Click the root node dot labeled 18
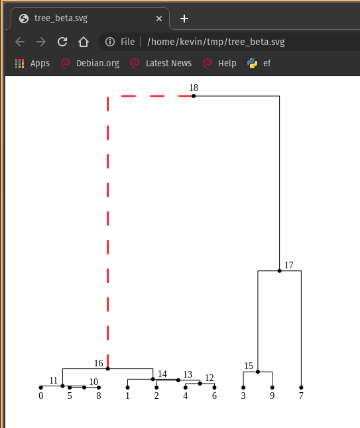[194, 96]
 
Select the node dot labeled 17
[279, 271]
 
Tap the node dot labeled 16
[107, 368]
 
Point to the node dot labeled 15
[258, 372]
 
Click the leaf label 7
[301, 396]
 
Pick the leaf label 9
[272, 396]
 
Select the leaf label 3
[243, 396]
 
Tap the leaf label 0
[40, 396]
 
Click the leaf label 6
[214, 396]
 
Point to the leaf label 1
[127, 396]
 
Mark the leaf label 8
[99, 396]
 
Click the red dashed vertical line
[107, 232]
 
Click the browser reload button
[62, 42]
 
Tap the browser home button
[84, 42]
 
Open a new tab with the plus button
[184, 19]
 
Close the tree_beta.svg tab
[156, 19]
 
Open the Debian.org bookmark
[90, 64]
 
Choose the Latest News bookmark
[161, 64]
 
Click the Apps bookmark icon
[19, 64]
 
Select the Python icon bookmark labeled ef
[253, 64]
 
